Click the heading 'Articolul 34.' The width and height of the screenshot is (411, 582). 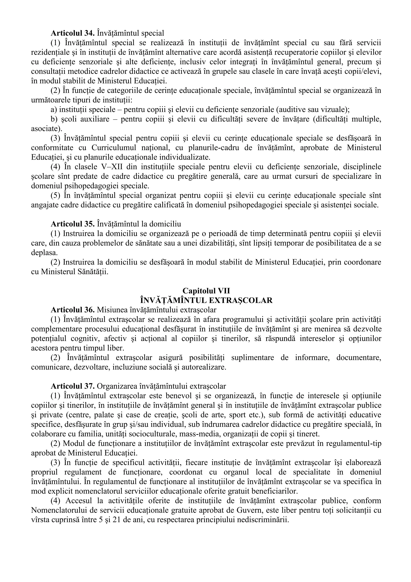pos(73,33)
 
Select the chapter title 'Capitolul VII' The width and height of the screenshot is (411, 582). pos(206,290)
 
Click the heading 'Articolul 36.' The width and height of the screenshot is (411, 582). pos(73,310)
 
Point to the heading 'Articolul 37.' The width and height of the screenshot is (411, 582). pos(73,386)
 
